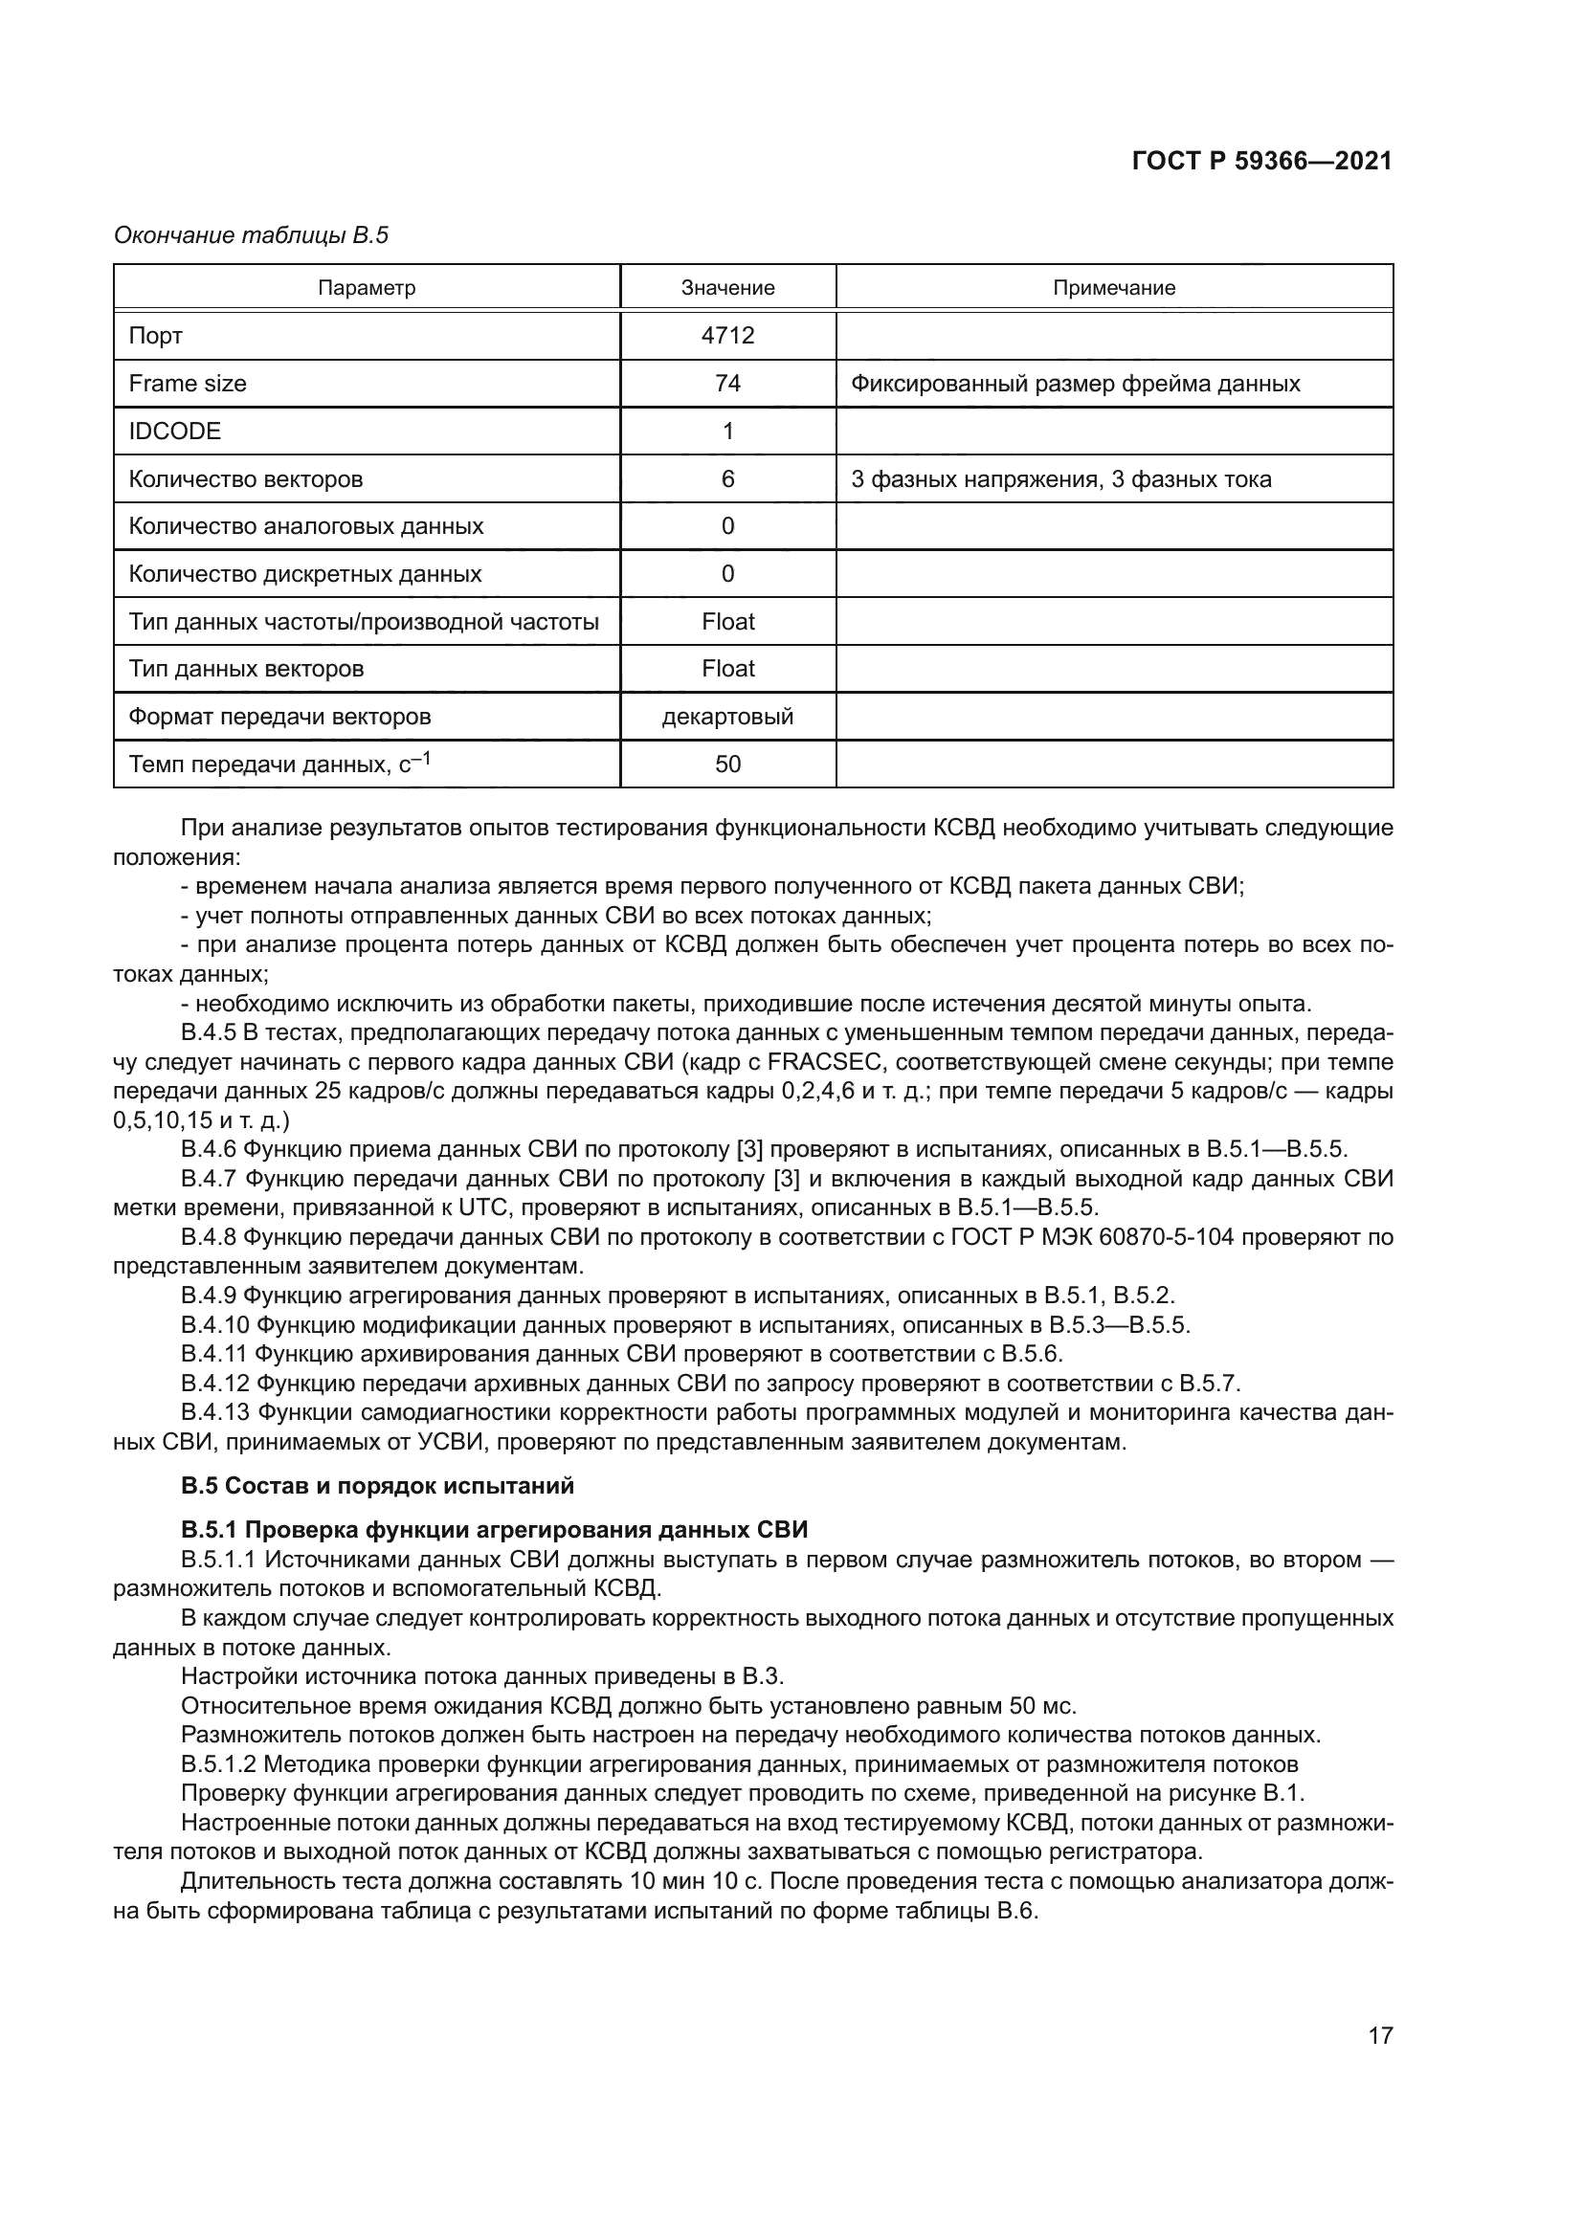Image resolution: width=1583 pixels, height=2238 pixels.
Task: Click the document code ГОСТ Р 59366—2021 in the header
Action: click(1261, 162)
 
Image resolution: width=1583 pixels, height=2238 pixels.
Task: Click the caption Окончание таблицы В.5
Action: click(252, 235)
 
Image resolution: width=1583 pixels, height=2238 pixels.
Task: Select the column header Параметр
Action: click(367, 288)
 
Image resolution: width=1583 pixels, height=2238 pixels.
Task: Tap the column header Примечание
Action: click(1113, 288)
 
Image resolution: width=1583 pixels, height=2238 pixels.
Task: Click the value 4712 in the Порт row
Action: click(727, 335)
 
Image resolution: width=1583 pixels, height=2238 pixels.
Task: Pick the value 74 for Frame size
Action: click(727, 383)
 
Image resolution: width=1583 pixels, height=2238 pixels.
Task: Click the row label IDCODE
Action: click(175, 431)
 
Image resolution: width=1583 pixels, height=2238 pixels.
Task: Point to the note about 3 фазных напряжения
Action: click(1060, 478)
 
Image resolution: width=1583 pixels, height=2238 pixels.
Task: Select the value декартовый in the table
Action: click(727, 717)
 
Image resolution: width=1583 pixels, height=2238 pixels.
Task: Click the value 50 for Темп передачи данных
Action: click(727, 764)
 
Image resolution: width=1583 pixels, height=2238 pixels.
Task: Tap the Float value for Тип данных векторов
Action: click(727, 669)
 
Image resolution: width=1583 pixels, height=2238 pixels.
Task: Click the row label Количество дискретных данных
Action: click(305, 573)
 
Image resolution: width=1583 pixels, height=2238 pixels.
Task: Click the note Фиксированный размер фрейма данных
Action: click(1075, 383)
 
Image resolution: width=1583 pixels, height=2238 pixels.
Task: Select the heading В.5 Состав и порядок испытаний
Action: click(377, 1487)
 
